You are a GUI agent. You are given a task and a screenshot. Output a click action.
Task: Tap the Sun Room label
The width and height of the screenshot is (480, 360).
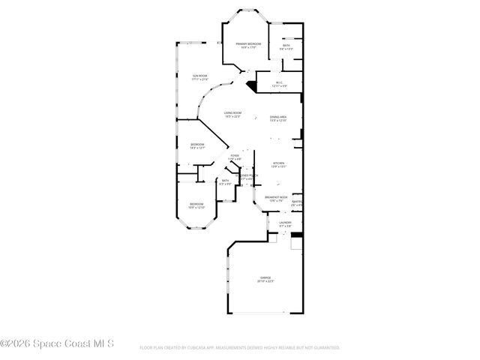[x=199, y=77]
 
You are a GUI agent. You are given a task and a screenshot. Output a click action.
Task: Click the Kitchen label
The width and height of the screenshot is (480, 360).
[x=277, y=164]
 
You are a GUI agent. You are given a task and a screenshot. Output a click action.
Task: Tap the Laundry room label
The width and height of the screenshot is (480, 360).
[x=285, y=223]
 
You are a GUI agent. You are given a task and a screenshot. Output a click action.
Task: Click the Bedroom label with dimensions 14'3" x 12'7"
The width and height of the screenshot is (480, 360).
[x=196, y=146]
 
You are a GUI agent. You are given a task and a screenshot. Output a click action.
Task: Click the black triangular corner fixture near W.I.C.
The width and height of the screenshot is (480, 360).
[x=252, y=86]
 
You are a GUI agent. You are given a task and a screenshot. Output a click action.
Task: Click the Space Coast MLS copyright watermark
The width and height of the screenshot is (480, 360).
[x=57, y=344]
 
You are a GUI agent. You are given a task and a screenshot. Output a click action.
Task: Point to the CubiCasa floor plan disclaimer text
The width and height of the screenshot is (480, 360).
[x=240, y=348]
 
